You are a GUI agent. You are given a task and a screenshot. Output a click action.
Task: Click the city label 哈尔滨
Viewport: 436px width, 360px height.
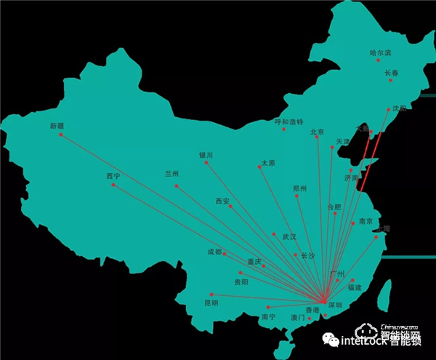tap(380, 52)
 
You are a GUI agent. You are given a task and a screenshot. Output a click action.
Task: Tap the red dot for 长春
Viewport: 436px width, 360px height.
tap(390, 80)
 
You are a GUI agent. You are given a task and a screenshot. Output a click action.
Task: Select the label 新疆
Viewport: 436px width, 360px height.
tap(57, 126)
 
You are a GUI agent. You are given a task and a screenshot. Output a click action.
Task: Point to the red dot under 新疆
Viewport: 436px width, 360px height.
tap(60, 135)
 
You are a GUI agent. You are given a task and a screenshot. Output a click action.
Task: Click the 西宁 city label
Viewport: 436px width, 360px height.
tap(113, 176)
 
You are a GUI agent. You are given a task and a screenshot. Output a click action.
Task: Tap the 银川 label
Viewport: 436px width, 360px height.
tap(206, 155)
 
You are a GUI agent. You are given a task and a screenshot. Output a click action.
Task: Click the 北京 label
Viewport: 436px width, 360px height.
tap(317, 132)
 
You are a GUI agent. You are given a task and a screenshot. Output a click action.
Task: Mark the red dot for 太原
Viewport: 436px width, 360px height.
tap(259, 168)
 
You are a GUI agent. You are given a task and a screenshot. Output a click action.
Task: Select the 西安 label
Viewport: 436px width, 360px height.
tap(222, 201)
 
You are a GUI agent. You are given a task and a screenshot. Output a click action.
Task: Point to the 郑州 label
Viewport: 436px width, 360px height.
tap(299, 188)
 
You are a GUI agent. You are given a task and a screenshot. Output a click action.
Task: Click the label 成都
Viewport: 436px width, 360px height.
tap(215, 252)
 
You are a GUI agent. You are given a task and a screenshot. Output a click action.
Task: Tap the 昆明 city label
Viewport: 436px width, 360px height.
tap(211, 303)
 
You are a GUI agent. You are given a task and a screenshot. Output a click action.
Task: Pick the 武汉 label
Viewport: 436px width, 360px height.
tap(289, 236)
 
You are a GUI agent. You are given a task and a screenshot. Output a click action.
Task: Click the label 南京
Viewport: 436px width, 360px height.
tap(366, 221)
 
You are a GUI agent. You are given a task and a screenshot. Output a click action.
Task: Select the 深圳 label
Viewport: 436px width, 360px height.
tap(335, 304)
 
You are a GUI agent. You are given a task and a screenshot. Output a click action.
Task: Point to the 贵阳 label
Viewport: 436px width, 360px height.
tap(241, 281)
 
